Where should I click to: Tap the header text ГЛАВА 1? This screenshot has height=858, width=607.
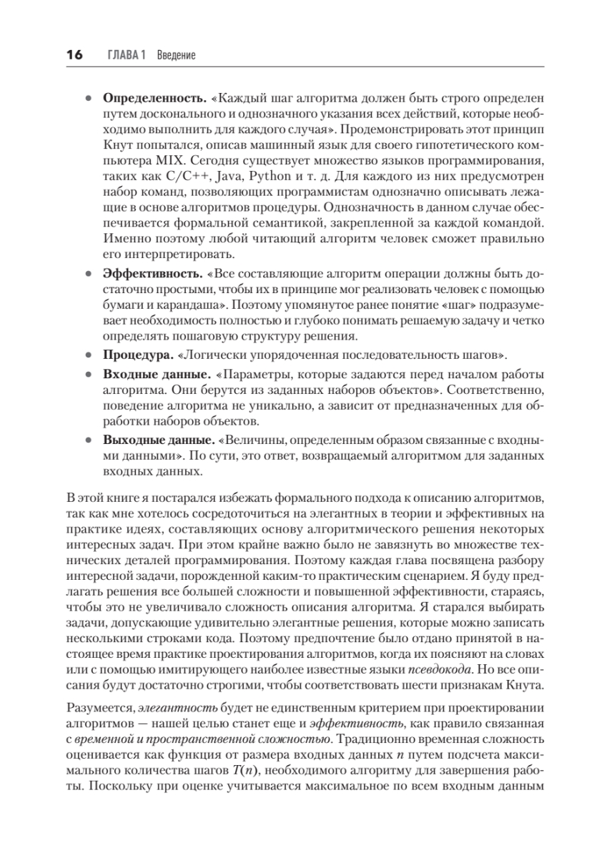click(x=127, y=55)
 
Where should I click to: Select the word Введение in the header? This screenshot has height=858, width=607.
click(x=176, y=55)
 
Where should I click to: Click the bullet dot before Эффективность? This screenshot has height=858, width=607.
click(x=88, y=274)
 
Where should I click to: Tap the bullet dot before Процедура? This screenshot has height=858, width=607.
click(x=88, y=355)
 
